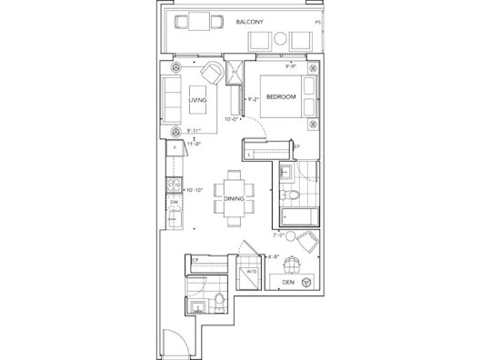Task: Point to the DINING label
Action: [x=235, y=198]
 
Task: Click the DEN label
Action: [x=287, y=282]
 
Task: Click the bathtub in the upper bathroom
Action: [x=298, y=218]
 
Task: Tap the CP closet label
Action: [x=195, y=261]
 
